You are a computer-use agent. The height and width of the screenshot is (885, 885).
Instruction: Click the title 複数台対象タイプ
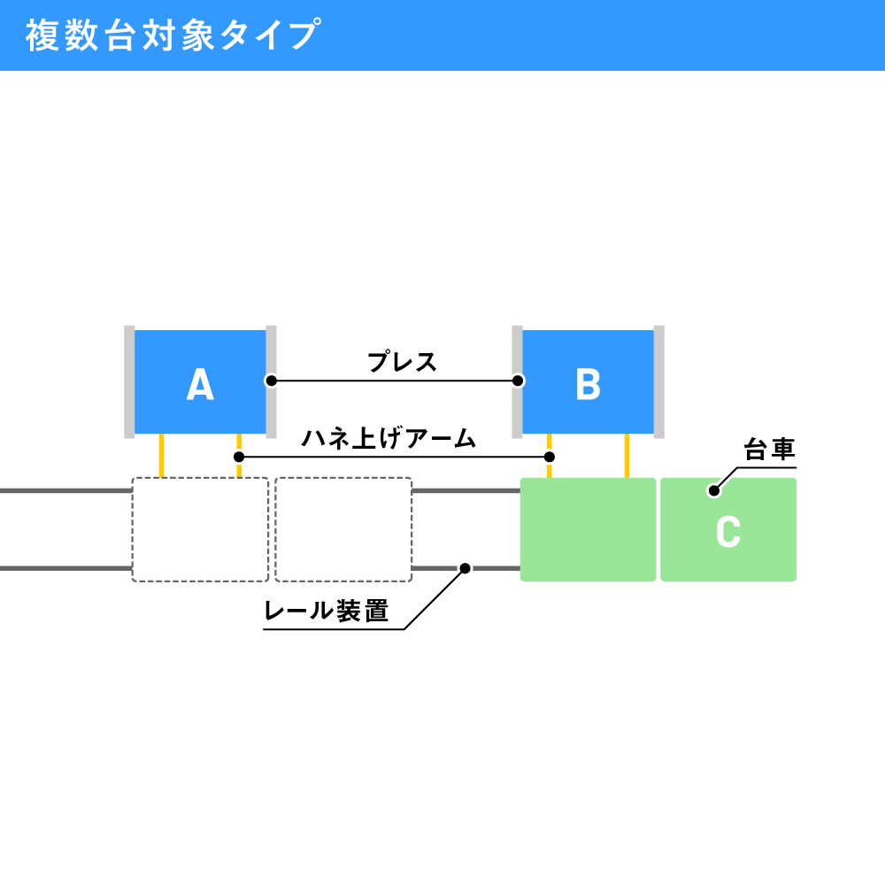[x=173, y=35]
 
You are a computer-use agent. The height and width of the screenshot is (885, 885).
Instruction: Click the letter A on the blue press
[x=200, y=384]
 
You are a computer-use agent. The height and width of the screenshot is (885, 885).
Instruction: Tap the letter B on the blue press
[x=588, y=384]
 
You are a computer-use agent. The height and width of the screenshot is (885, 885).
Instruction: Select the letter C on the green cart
[x=728, y=531]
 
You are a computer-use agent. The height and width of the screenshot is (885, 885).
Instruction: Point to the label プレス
[x=403, y=361]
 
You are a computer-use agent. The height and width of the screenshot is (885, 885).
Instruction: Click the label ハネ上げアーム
[x=389, y=439]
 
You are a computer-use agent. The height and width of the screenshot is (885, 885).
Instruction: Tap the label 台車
[x=769, y=450]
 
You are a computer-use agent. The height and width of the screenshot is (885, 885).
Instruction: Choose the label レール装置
[x=327, y=611]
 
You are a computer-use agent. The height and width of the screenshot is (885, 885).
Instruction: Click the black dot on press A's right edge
[x=272, y=381]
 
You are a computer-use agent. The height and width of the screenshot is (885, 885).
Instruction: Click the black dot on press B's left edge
[x=518, y=381]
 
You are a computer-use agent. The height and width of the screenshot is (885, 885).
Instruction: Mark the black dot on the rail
[x=466, y=568]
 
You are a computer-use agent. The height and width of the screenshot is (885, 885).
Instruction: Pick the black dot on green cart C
[x=714, y=490]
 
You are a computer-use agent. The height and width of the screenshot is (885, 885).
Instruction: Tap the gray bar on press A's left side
[x=129, y=381]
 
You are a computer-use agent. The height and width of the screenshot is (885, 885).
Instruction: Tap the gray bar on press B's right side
[x=658, y=381]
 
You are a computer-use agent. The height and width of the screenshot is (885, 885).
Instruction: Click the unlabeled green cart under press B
[x=588, y=529]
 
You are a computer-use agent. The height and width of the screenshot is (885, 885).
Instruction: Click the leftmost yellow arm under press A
[x=161, y=456]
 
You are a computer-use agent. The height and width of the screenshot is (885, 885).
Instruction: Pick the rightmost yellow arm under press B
[x=627, y=456]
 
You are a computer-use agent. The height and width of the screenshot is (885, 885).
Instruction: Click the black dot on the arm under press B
[x=550, y=457]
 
